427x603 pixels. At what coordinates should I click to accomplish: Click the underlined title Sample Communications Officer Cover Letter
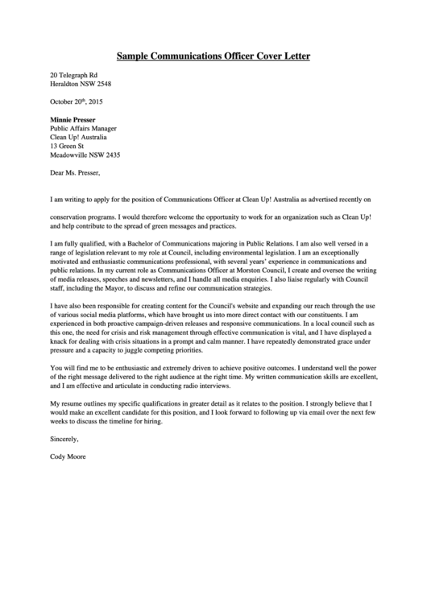pyautogui.click(x=213, y=56)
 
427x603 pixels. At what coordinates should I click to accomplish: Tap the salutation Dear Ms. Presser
pyautogui.click(x=75, y=172)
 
